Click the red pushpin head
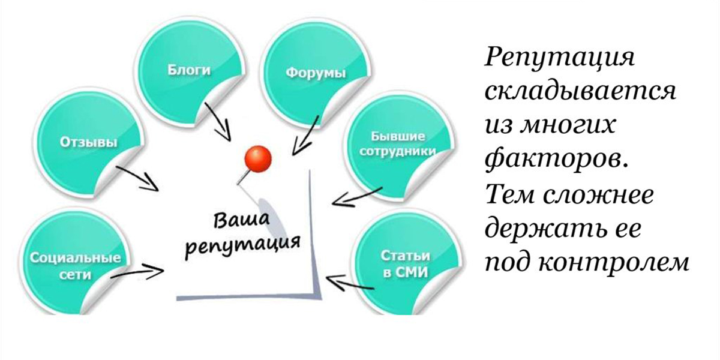click(x=258, y=159)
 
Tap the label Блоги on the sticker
click(x=189, y=70)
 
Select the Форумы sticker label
click(x=316, y=73)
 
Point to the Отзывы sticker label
click(x=88, y=142)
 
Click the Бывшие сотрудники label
click(x=397, y=143)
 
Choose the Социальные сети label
click(x=76, y=266)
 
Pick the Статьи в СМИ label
click(x=406, y=264)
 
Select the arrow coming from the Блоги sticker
click(x=218, y=122)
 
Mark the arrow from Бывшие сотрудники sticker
click(x=357, y=197)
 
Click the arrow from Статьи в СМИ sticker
click(x=350, y=282)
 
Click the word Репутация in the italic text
click(x=560, y=58)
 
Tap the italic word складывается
click(x=581, y=92)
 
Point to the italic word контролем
click(x=614, y=263)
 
